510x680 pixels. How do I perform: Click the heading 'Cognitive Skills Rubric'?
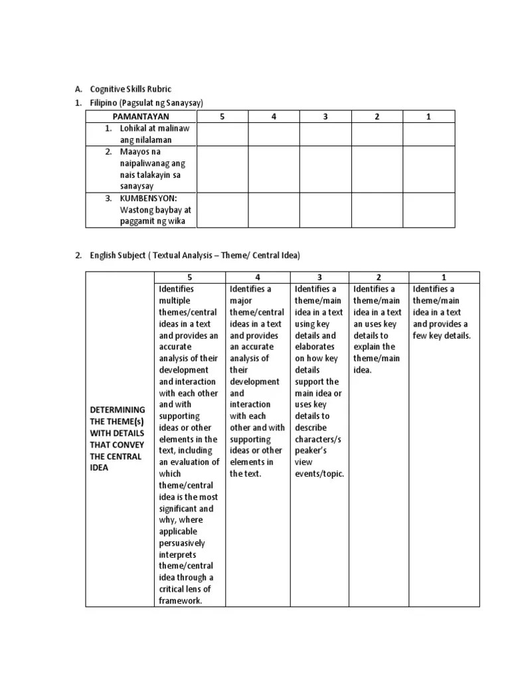[133, 89]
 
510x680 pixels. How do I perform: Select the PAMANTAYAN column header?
[140, 117]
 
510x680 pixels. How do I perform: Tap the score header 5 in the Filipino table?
[222, 117]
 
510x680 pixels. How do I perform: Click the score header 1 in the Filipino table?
[428, 117]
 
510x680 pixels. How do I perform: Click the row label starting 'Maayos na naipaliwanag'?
[153, 169]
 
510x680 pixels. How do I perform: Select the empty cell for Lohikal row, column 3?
[325, 134]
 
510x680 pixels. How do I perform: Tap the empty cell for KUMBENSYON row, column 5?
[222, 210]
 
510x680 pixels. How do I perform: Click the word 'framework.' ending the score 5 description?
[180, 601]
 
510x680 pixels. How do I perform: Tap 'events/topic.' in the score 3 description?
[319, 474]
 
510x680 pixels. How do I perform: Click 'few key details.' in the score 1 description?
[441, 335]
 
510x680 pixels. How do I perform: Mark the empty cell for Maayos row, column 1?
[428, 169]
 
